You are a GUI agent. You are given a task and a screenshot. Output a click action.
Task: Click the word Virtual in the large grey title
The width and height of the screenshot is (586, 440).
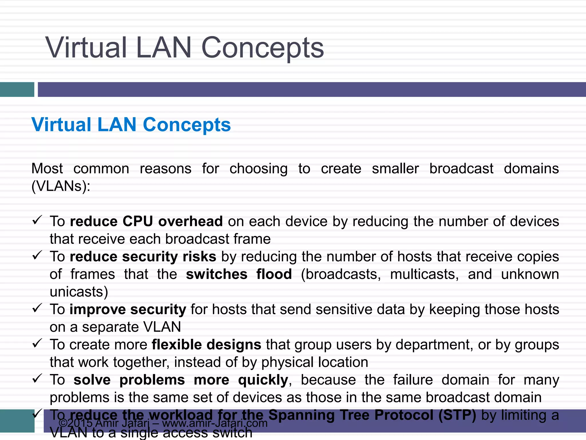coord(86,48)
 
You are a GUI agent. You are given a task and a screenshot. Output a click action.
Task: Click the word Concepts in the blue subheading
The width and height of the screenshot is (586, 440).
coord(187,125)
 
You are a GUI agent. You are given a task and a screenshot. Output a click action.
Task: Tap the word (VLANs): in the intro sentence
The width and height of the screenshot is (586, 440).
coord(61,186)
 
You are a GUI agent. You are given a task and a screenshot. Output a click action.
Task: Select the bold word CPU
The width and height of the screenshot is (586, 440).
coord(138,221)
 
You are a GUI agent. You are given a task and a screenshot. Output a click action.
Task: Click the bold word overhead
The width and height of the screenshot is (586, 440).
coord(190,221)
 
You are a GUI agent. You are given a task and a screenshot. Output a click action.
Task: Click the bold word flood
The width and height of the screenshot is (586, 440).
coord(274,274)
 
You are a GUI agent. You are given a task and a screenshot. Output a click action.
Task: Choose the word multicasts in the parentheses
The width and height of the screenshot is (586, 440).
coord(424,274)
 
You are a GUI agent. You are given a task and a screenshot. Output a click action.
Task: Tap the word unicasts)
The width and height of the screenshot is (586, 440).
coord(79,292)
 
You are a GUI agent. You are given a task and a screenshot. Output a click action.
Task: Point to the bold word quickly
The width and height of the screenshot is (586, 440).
coord(263,380)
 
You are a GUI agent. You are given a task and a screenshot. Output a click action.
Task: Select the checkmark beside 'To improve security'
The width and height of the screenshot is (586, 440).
coord(37,308)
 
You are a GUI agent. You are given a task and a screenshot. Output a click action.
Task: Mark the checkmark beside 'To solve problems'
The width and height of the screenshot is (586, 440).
coord(37,379)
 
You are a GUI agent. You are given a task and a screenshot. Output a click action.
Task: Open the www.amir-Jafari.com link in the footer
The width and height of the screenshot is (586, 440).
coord(215,423)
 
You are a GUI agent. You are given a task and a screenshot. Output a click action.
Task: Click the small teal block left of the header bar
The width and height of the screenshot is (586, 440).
coord(17,89)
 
